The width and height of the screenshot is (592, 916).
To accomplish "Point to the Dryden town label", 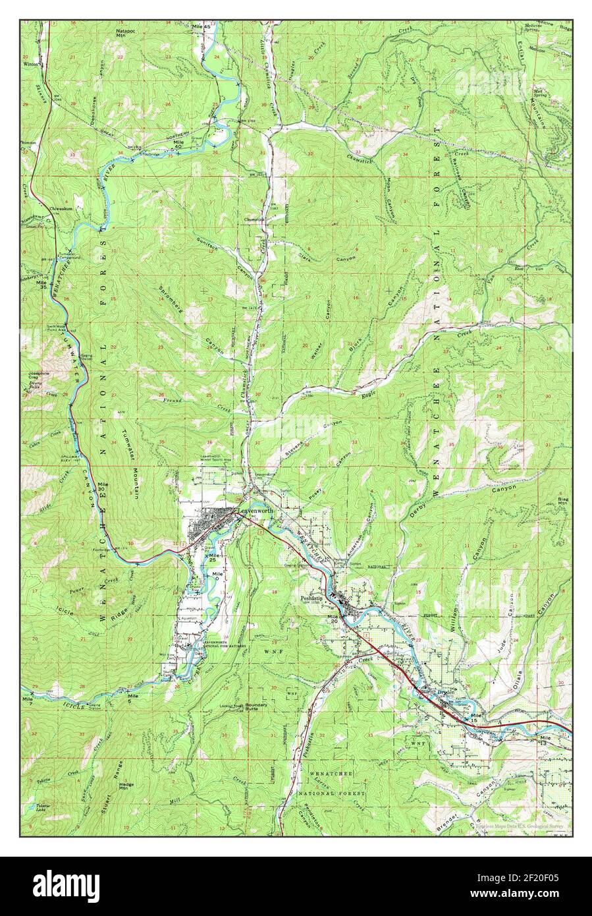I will click(x=446, y=692).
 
